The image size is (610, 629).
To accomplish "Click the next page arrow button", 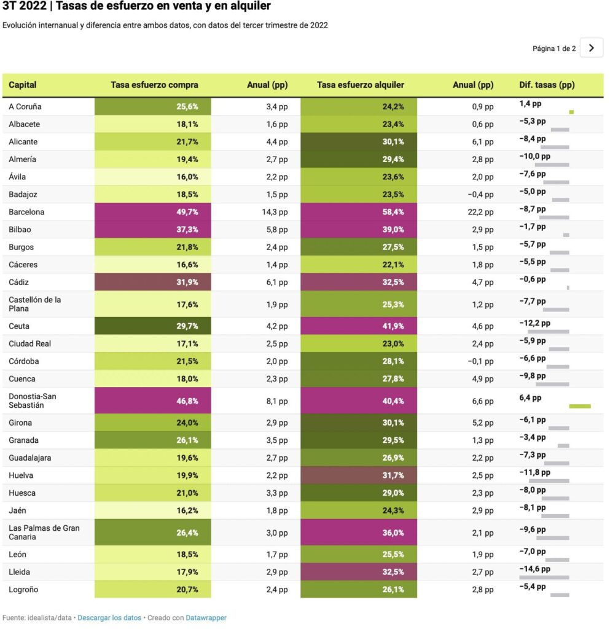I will coord(591,48).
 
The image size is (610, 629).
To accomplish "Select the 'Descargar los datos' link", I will coord(109,617).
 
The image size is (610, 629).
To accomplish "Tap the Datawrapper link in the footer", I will coord(206,617).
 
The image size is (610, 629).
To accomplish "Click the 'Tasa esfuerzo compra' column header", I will coord(154,85).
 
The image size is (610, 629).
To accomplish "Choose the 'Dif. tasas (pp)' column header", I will coord(546,85).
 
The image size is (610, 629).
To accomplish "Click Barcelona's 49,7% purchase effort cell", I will coord(153,212).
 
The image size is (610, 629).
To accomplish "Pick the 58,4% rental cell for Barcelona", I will coord(359,212).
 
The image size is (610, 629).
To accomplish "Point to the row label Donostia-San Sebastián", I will coord(33,400).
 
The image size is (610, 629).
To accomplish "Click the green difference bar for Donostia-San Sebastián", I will coord(580,406).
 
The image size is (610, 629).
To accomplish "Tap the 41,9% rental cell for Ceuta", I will coord(359,326).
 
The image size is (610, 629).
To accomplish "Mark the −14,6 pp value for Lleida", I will coord(534,569).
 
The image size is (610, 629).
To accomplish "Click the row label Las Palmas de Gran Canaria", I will coord(44,532).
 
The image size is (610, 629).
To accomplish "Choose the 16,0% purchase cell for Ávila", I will coord(153,177).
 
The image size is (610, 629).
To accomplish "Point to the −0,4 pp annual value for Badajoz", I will coord(480,195).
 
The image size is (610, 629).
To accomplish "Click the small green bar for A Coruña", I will coord(571,112).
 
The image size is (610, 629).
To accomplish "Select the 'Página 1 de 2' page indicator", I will coord(553,49).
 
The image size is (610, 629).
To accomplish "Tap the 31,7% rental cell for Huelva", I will coord(359,475).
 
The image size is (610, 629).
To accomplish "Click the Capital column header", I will coord(23,85).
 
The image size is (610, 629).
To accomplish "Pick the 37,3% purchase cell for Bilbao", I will coord(153,230).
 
